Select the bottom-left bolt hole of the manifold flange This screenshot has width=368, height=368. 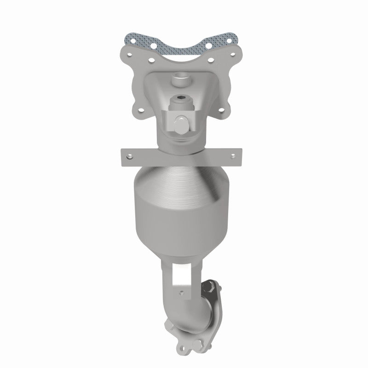tap(137, 110)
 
